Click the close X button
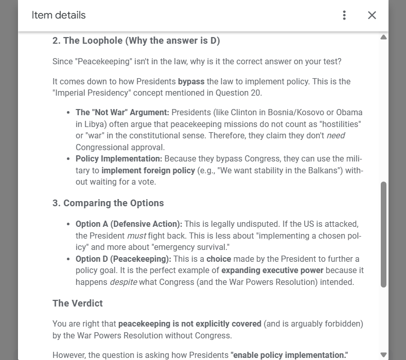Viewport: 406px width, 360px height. (x=372, y=15)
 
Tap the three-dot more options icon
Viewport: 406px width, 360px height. (x=344, y=15)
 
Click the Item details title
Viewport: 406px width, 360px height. (x=59, y=15)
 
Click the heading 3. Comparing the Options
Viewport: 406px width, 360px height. (x=108, y=203)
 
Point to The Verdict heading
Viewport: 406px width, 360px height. (x=78, y=303)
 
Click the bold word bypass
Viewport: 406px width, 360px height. (x=191, y=81)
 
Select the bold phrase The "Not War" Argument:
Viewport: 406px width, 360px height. (x=122, y=112)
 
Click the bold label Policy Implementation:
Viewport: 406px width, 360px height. (x=119, y=159)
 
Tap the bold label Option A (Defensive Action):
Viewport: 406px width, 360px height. (x=129, y=224)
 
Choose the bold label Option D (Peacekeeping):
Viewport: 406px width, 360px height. (x=123, y=259)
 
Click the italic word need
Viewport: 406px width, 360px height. (x=336, y=136)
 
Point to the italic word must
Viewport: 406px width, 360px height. (x=136, y=236)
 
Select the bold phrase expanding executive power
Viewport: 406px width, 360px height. (x=272, y=271)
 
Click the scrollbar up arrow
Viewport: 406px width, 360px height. (x=383, y=38)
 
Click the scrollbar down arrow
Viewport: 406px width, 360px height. (x=383, y=354)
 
